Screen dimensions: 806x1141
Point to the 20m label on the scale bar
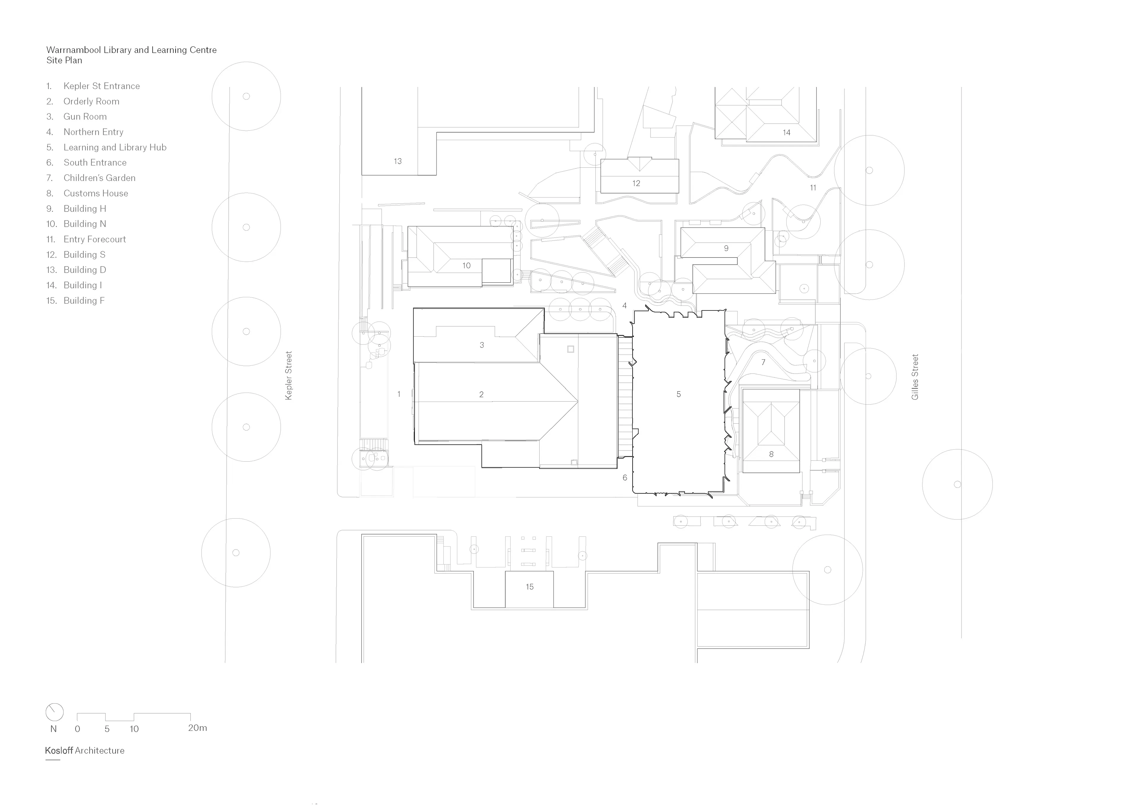coord(197,728)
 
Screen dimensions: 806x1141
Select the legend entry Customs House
coord(95,193)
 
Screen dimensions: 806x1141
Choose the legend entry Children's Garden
coord(99,178)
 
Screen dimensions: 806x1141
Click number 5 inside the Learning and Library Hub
coord(679,394)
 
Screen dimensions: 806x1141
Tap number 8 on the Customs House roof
coord(771,454)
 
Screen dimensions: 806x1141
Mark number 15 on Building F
coord(530,587)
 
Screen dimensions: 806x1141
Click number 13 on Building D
coord(398,161)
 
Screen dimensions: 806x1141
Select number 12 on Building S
coord(636,183)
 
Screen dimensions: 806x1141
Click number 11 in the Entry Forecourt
coord(813,188)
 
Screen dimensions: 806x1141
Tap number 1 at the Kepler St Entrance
coord(398,394)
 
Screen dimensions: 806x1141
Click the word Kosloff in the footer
coord(59,750)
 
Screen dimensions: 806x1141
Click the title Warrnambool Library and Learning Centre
coord(131,50)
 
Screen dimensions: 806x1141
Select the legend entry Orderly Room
coord(91,101)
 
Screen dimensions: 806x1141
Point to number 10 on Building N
coord(466,266)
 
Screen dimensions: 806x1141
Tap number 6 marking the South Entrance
coord(625,478)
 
